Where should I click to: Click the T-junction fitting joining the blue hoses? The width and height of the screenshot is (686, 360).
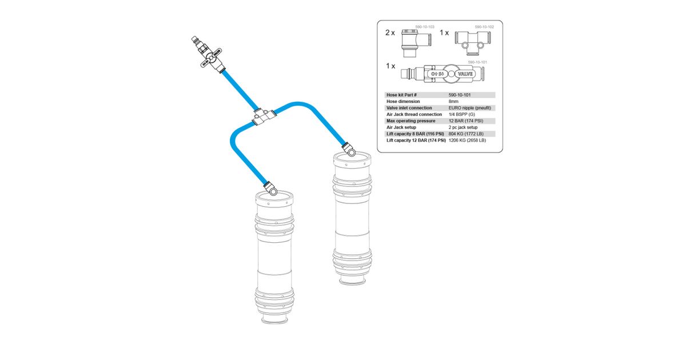264,117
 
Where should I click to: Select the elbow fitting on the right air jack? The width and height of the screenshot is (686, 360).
349,149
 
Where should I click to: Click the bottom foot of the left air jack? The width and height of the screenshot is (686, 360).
275,319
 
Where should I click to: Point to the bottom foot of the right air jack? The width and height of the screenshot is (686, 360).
353,280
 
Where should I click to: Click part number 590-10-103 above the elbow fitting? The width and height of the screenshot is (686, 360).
425,27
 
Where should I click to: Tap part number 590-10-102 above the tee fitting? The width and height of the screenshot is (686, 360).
484,27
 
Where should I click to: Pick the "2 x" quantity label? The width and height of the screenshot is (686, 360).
390,33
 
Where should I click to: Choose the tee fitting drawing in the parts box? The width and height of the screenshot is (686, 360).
473,43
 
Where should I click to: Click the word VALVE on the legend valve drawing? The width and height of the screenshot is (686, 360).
465,74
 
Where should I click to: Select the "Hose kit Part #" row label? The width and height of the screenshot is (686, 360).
401,95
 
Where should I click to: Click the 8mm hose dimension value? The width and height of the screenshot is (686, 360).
453,101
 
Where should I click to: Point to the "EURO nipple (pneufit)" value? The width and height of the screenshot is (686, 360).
470,108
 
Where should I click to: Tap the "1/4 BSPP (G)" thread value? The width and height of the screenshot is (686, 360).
462,114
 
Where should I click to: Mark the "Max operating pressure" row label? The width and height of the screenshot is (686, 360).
410,121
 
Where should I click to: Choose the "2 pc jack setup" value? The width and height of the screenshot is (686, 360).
463,127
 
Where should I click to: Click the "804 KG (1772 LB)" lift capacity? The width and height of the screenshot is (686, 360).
466,134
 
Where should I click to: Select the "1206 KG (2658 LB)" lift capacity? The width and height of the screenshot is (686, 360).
468,140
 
